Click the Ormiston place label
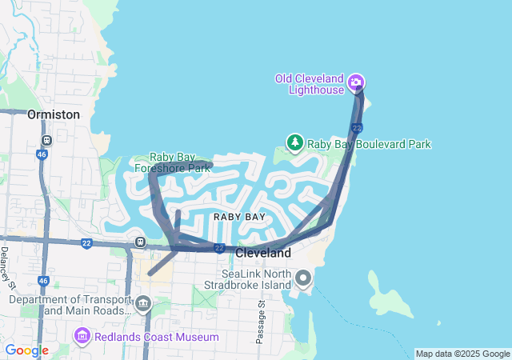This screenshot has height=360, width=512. coord(54,114)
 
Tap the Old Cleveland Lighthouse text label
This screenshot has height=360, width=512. coord(309,84)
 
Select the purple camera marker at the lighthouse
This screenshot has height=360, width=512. coord(357,82)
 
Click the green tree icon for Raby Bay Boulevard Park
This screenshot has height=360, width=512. coord(294,143)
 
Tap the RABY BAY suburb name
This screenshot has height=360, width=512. coord(239,217)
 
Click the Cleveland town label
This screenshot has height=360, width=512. coord(263,253)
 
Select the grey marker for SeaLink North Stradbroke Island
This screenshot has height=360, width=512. coord(303,278)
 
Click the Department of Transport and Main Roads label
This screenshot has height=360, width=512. coord(69,305)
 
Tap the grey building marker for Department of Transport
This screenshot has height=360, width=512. coord(143,303)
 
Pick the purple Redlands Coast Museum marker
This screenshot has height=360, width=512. coord(81,337)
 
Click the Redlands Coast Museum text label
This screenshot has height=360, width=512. coord(157,338)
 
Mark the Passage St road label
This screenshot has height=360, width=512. coord(261,324)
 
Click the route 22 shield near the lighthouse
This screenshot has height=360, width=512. coord(357,127)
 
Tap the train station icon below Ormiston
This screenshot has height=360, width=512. coord(46,140)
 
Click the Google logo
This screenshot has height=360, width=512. coord(26,350)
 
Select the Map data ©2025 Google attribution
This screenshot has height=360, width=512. coord(462,354)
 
